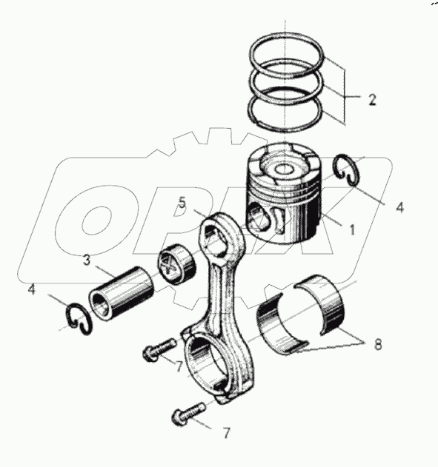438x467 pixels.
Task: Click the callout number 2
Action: (x=372, y=99)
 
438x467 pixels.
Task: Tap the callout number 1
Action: (x=352, y=229)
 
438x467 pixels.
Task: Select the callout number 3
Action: (x=87, y=261)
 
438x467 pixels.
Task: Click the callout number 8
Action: (x=378, y=345)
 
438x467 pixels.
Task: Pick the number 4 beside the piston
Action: (x=400, y=207)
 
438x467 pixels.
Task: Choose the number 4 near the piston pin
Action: (x=32, y=289)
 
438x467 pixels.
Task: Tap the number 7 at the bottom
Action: (x=226, y=433)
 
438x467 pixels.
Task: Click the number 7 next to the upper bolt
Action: (x=179, y=366)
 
